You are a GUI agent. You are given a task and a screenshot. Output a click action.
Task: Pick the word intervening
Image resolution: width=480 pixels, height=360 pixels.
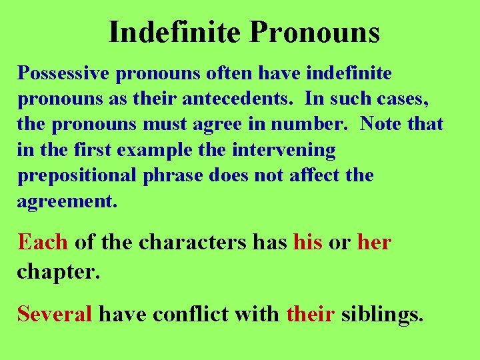[x=283, y=150]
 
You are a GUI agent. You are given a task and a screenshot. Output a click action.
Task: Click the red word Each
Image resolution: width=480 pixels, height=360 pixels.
[x=43, y=241]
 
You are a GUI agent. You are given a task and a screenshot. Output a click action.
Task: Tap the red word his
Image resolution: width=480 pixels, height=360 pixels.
[x=307, y=242]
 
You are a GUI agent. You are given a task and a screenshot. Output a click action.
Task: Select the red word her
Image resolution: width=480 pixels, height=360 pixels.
[x=374, y=242]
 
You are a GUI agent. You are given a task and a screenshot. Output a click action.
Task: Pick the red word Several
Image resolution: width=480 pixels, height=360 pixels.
[x=55, y=313]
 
